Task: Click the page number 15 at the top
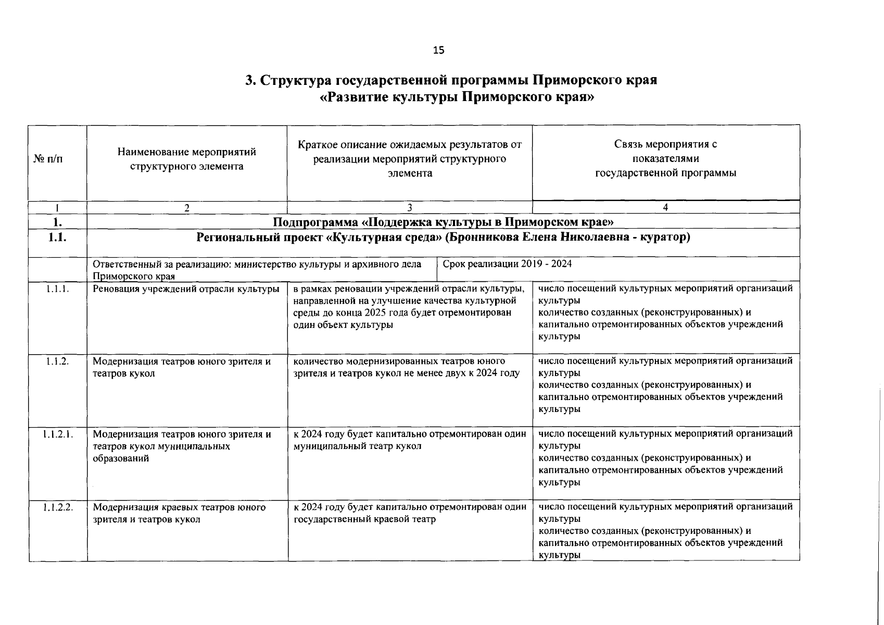click(x=439, y=50)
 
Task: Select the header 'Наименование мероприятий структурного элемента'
click(x=187, y=159)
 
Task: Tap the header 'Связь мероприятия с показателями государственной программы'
click(x=665, y=159)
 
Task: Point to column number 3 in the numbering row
click(x=409, y=207)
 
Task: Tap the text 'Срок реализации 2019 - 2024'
click(x=507, y=264)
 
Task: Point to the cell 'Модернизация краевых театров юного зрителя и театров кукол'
click(x=179, y=513)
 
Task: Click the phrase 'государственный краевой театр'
click(x=364, y=519)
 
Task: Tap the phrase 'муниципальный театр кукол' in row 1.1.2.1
click(x=357, y=446)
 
